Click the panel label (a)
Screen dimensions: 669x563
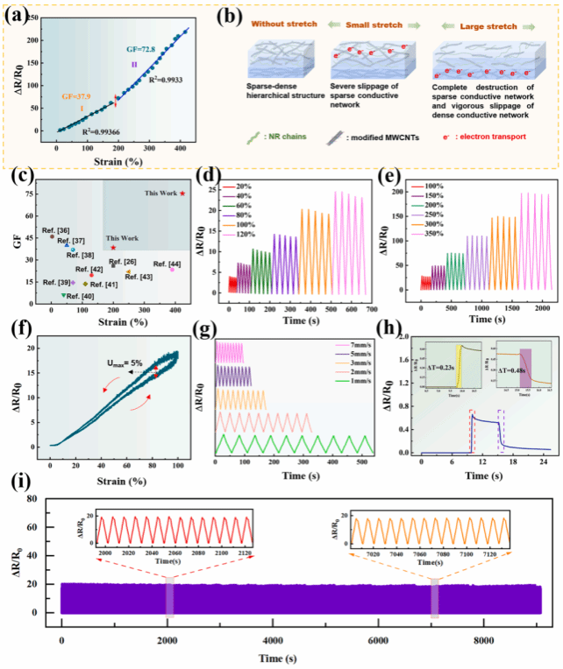click(x=24, y=17)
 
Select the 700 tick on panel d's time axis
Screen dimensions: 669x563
click(x=371, y=310)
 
